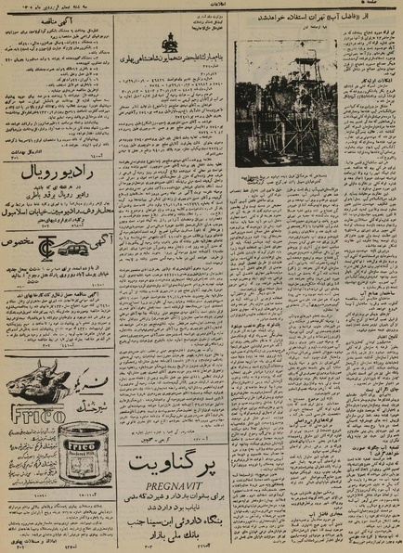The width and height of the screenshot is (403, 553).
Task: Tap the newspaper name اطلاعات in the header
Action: coord(201,4)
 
